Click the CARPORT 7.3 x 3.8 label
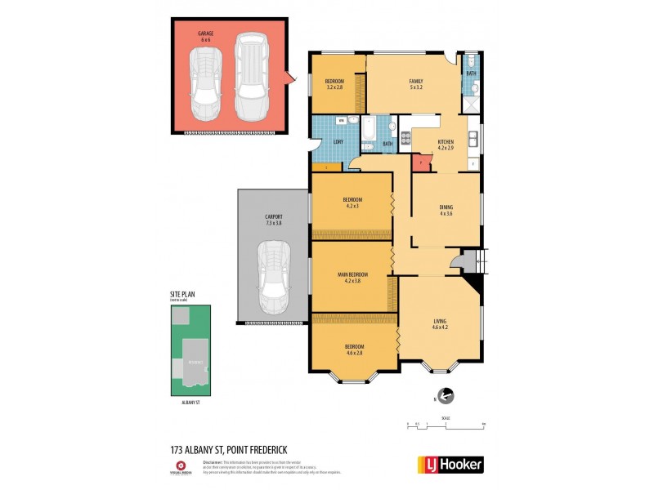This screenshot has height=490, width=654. [x=273, y=220]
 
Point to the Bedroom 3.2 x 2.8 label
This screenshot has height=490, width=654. [x=334, y=84]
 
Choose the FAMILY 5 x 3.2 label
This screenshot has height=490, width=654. [x=415, y=84]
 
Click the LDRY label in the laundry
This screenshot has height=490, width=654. [x=338, y=142]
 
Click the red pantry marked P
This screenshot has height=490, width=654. [x=420, y=163]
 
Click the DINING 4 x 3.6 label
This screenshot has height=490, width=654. [x=446, y=210]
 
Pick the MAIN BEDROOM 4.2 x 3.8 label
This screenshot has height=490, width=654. [x=353, y=277]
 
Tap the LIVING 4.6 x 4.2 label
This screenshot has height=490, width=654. [x=441, y=324]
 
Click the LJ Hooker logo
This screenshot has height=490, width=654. [x=450, y=465]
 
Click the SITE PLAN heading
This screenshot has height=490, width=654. [x=182, y=295]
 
